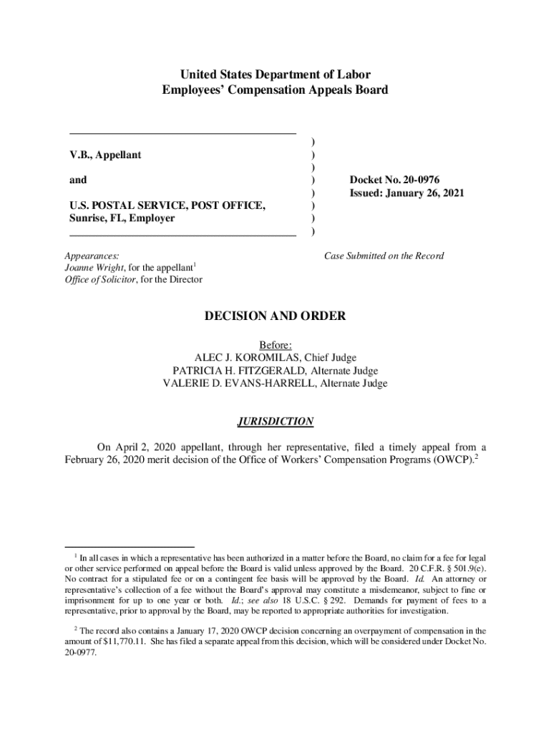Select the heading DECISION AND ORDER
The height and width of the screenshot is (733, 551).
[275, 316]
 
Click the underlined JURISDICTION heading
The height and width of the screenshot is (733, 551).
[275, 422]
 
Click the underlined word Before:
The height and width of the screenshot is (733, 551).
[275, 345]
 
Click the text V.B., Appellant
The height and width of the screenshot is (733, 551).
[104, 155]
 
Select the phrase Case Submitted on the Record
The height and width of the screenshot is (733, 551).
[384, 256]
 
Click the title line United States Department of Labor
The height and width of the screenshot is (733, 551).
[275, 74]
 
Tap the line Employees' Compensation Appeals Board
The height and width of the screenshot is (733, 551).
[275, 90]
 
